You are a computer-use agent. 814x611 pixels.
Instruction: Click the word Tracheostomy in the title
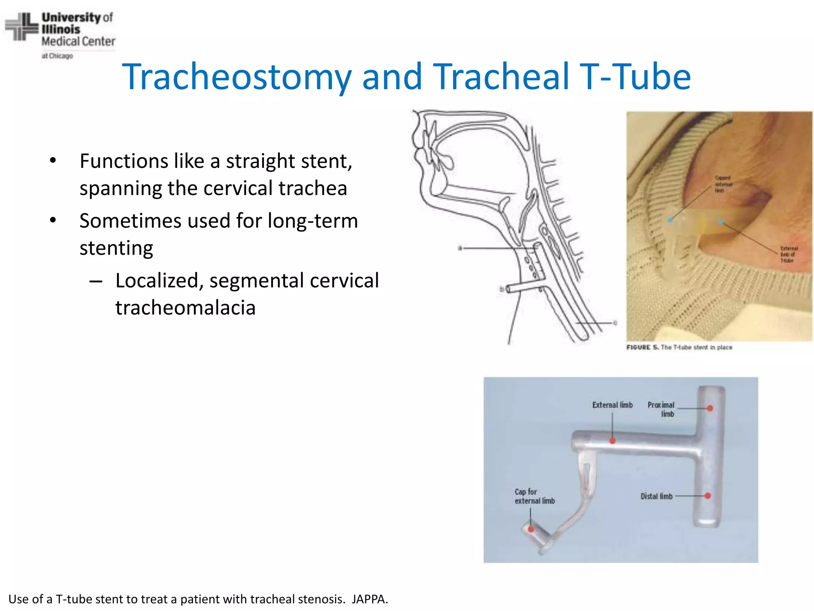[237, 77]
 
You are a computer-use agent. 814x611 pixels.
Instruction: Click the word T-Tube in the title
[635, 77]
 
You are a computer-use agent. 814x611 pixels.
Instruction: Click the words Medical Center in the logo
[78, 41]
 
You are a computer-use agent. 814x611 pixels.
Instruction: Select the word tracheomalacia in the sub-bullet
[185, 308]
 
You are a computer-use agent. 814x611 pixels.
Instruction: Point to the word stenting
[116, 248]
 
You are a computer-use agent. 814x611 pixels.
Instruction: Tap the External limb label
[612, 405]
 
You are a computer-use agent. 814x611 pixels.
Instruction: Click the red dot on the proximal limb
[710, 408]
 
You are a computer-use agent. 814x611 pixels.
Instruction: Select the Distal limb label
[656, 496]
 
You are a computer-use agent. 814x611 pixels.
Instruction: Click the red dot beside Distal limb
[707, 496]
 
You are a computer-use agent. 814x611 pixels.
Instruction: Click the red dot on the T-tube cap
[531, 529]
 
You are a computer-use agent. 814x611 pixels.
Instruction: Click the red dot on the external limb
[612, 441]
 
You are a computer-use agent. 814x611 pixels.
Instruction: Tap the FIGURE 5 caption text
[679, 347]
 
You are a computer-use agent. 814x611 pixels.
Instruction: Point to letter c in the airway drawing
[615, 323]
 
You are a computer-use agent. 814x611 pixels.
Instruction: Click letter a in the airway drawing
[460, 248]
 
